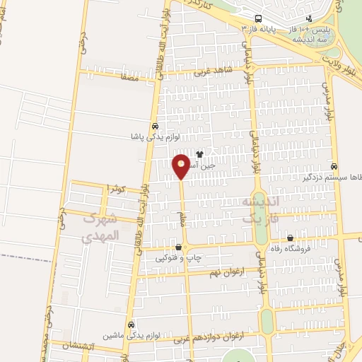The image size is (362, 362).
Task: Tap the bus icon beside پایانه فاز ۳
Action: click(259, 18)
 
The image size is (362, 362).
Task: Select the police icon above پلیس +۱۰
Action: click(308, 19)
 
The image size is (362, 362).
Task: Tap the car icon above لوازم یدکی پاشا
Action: click(155, 126)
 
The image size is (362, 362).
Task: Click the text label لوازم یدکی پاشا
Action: click(160, 136)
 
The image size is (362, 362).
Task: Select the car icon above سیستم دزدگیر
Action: click(334, 166)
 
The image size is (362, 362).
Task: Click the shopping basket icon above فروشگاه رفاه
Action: click(290, 238)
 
